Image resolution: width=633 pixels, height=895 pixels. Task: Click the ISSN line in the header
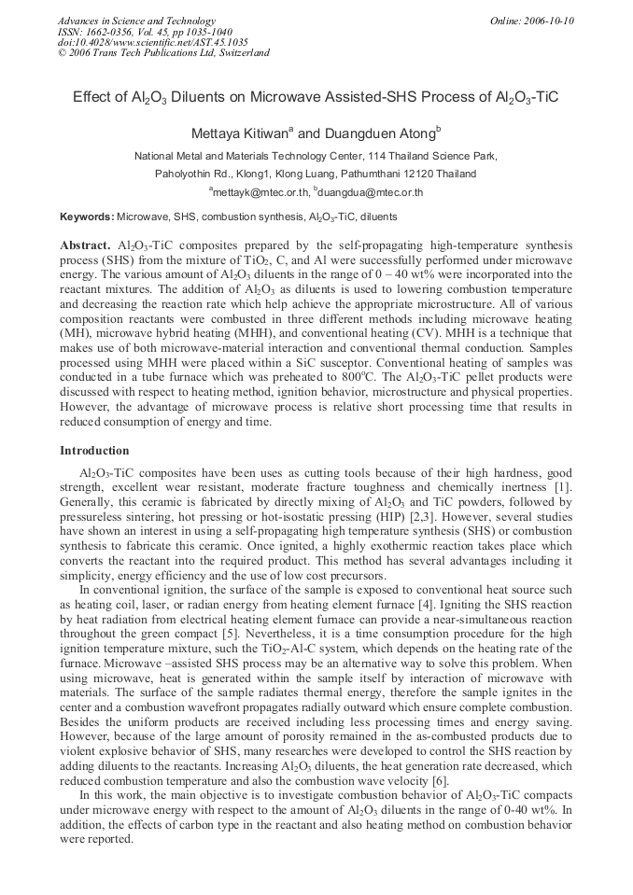(146, 32)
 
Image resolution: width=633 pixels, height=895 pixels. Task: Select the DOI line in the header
(152, 42)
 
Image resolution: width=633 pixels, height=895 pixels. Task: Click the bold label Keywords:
(87, 217)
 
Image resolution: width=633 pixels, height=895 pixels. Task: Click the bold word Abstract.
(85, 244)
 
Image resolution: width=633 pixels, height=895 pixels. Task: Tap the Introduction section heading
(94, 451)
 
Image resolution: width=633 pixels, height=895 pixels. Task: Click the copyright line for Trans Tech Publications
(163, 53)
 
